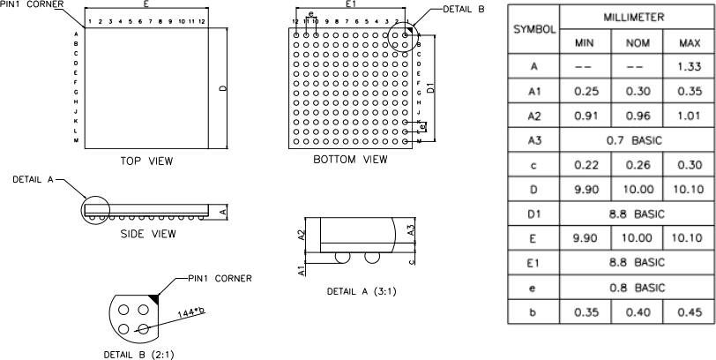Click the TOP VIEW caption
pyautogui.click(x=146, y=161)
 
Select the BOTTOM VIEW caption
pyautogui.click(x=350, y=160)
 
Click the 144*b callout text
pyautogui.click(x=191, y=311)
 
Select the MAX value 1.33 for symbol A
pyautogui.click(x=690, y=66)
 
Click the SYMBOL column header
pyautogui.click(x=534, y=29)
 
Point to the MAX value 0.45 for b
pyautogui.click(x=690, y=311)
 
